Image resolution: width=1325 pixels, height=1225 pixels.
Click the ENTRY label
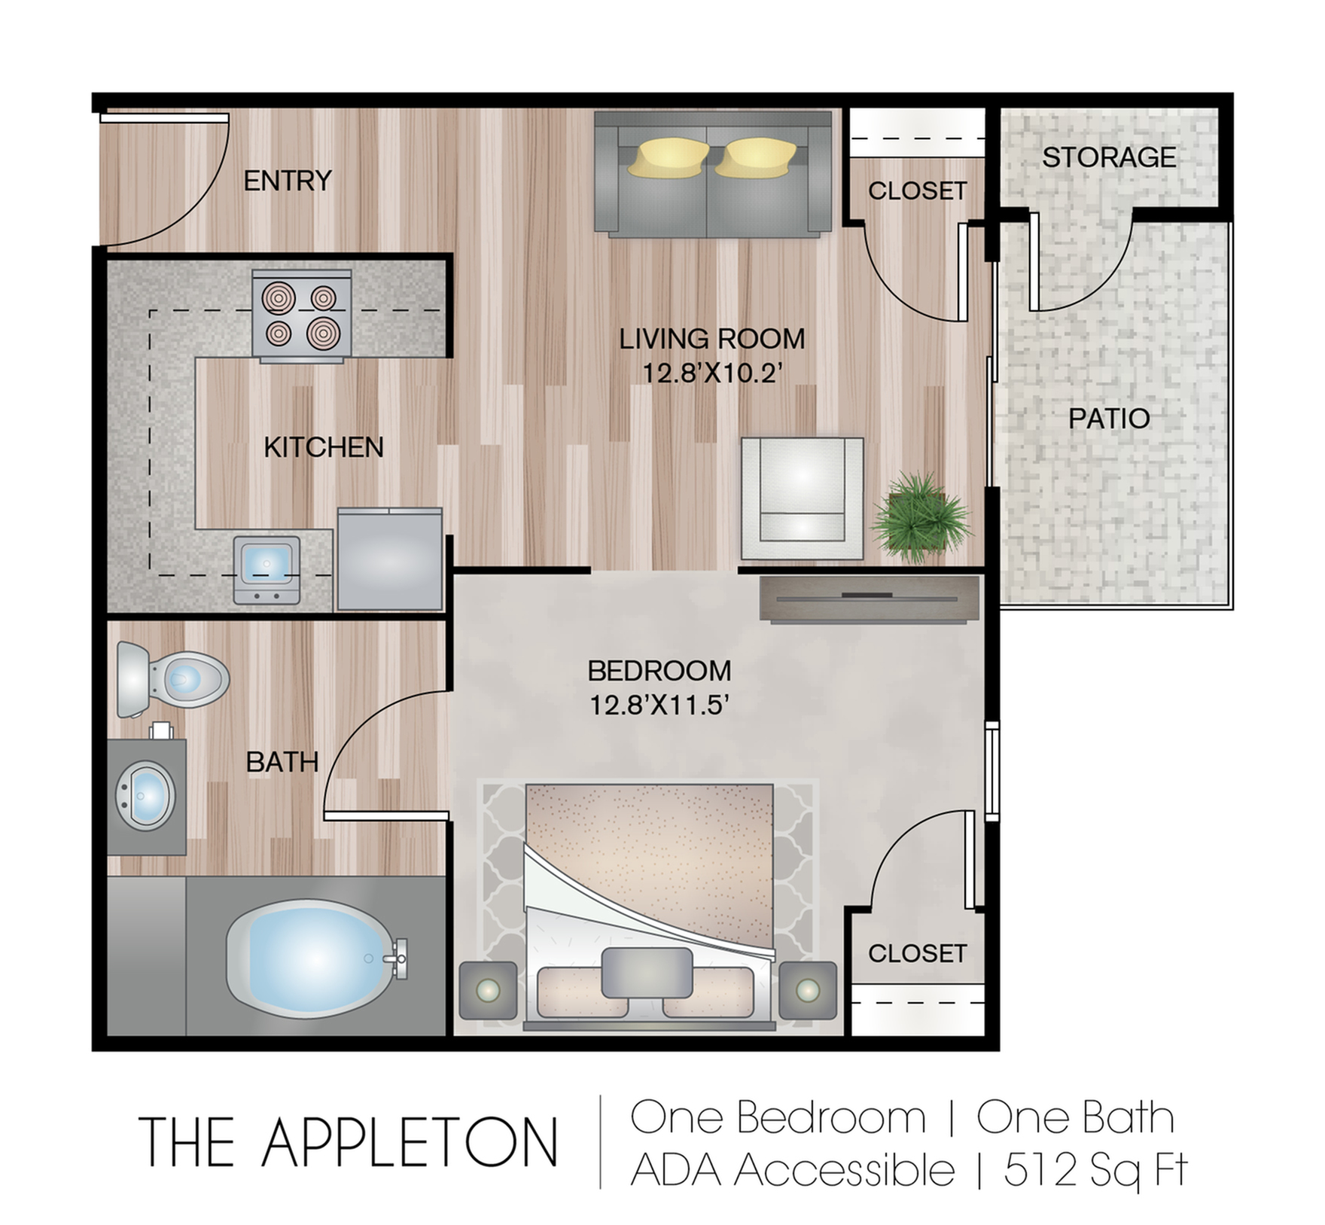pyautogui.click(x=288, y=181)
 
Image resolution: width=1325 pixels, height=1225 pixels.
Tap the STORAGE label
pyautogui.click(x=1108, y=157)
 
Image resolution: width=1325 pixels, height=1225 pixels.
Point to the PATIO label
pyautogui.click(x=1109, y=419)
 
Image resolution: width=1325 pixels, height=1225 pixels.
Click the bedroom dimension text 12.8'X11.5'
pyautogui.click(x=660, y=705)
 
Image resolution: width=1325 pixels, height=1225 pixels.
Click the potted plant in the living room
pyautogui.click(x=920, y=518)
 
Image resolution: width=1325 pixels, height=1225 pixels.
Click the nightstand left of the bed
pyautogui.click(x=488, y=990)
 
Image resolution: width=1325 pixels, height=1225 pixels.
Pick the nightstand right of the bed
pyautogui.click(x=808, y=990)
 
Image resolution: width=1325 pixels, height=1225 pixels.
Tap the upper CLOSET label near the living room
pyautogui.click(x=917, y=191)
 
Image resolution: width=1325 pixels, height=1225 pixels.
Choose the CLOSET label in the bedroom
pyautogui.click(x=916, y=954)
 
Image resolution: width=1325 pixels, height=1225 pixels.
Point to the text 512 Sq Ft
pyautogui.click(x=1096, y=1170)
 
